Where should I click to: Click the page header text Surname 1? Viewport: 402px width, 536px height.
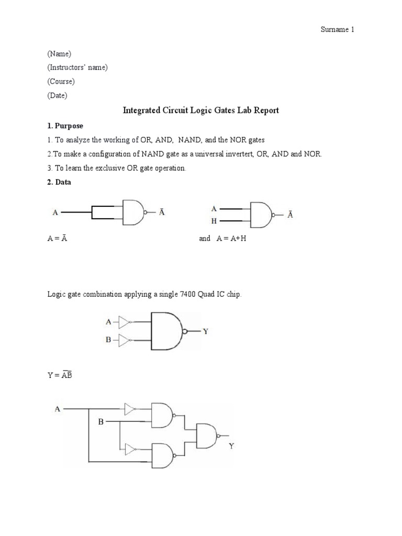click(x=337, y=30)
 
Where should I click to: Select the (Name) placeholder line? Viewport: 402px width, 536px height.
click(x=59, y=53)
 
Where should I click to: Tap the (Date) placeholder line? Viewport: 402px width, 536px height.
click(x=57, y=96)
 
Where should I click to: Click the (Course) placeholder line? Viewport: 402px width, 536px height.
click(x=61, y=82)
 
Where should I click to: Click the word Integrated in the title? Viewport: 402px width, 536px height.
click(x=141, y=110)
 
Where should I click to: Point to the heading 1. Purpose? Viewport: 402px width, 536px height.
click(x=65, y=126)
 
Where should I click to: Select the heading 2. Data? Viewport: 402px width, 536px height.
click(x=60, y=182)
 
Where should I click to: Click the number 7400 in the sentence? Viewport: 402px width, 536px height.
click(x=204, y=295)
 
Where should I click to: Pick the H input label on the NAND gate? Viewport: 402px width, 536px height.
click(x=214, y=221)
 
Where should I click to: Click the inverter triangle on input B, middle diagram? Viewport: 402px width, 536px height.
click(x=124, y=341)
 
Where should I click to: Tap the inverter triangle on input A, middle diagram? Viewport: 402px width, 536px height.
click(x=124, y=321)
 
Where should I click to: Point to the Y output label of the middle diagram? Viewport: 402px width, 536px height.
click(x=206, y=331)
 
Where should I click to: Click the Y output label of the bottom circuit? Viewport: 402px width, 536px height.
click(x=231, y=446)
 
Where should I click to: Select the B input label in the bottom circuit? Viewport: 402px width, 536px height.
click(x=100, y=421)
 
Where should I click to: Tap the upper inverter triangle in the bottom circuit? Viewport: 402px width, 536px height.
click(x=131, y=409)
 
